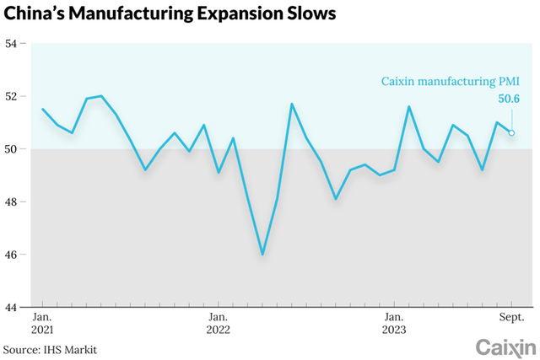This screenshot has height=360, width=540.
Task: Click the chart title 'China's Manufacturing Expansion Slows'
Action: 170,15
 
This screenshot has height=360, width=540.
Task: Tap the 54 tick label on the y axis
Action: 13,43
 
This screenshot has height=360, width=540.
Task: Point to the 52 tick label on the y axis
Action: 13,96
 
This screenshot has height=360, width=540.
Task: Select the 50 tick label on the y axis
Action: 13,149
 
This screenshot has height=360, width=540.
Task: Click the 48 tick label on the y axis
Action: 13,202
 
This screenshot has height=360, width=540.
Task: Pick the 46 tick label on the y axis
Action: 13,255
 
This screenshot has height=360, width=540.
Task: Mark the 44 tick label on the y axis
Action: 13,308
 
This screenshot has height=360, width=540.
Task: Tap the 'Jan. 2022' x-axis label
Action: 218,322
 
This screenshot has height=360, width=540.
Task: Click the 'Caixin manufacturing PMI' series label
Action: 447,82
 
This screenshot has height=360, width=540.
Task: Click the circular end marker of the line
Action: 511,132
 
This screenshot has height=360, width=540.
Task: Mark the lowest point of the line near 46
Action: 262,254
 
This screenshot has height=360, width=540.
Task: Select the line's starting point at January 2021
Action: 43,109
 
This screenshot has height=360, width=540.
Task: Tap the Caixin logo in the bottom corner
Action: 505,347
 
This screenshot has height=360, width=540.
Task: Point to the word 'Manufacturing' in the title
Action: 139,15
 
